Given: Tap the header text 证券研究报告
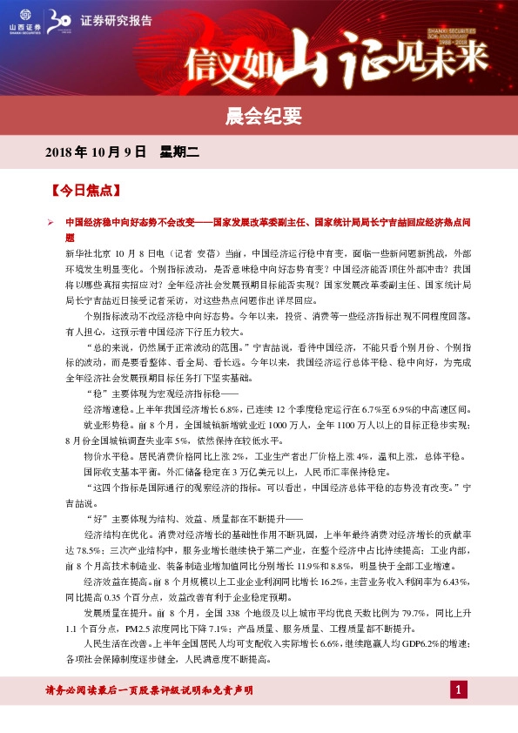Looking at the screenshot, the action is tap(116, 20).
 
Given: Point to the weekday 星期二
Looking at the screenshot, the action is tap(179, 152).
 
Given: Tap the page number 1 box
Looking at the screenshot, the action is tap(458, 690).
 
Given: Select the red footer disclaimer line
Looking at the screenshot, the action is tap(149, 690).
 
